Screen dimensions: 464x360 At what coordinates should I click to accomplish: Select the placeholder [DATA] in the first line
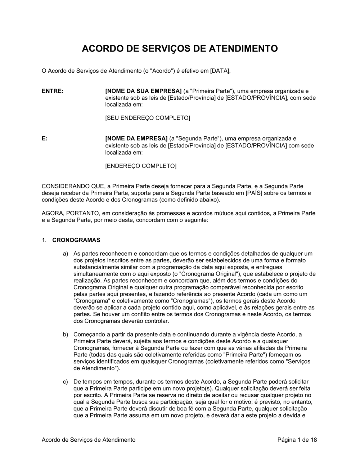220,71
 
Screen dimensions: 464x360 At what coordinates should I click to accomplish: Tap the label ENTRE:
53,91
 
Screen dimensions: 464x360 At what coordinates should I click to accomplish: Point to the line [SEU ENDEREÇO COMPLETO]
147,118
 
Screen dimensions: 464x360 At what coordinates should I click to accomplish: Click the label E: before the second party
45,138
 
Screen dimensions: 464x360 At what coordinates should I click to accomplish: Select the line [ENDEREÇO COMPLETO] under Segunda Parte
141,166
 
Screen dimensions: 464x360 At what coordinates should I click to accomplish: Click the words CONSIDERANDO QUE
73,186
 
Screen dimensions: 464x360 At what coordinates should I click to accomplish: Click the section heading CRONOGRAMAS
76,240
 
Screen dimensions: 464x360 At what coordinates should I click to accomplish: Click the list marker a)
66,254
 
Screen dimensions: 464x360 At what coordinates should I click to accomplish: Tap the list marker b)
66,335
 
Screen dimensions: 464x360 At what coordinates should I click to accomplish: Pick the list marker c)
66,382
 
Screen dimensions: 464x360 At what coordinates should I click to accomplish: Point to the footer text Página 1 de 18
297,440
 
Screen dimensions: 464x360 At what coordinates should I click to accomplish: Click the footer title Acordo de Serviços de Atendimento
89,440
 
